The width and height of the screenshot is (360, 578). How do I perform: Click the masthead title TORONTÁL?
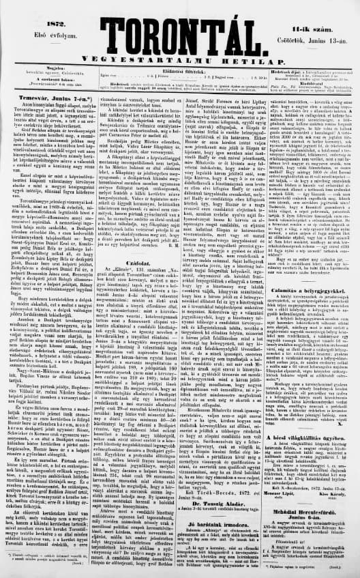point(180,34)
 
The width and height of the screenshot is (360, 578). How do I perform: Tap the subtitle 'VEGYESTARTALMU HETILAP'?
point(180,57)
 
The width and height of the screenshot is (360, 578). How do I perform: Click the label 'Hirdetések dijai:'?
point(287,70)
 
